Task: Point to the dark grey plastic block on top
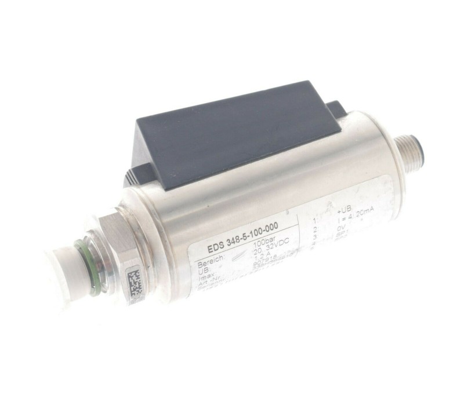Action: tap(232, 136)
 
